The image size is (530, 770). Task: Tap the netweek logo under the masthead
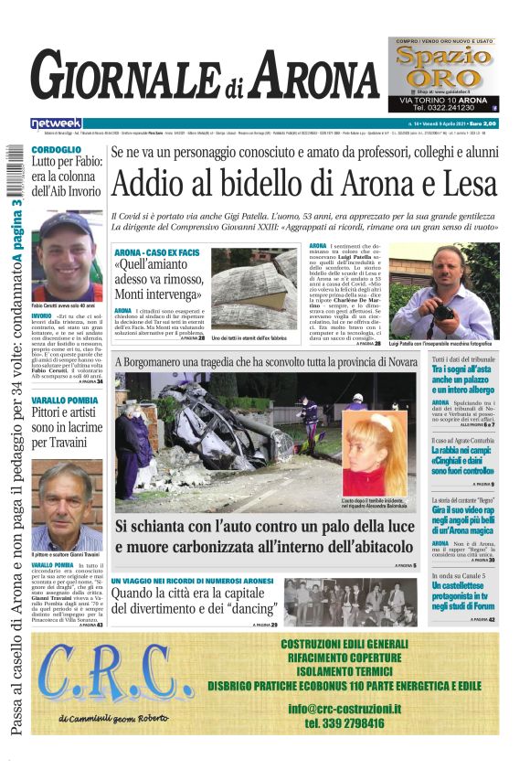pos(57,123)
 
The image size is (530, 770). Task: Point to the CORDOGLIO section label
pos(56,149)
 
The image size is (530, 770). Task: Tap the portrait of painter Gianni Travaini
pos(67,506)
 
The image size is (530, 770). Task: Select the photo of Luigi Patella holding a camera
pos(444,291)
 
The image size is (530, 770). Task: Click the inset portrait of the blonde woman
pos(374,454)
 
